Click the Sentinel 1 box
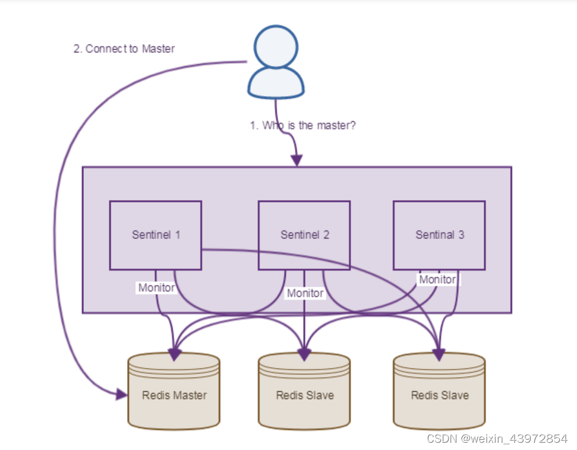155,235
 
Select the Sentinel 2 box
304,235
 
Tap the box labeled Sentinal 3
439,235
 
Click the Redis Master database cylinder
174,392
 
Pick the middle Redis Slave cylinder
304,392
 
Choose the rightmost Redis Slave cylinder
439,392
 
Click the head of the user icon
275,47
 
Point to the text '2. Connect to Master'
124,49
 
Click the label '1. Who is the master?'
303,125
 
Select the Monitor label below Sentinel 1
156,288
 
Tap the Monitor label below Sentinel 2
305,293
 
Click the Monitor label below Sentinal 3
437,279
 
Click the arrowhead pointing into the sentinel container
296,160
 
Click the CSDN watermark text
496,438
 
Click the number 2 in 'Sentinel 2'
327,235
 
